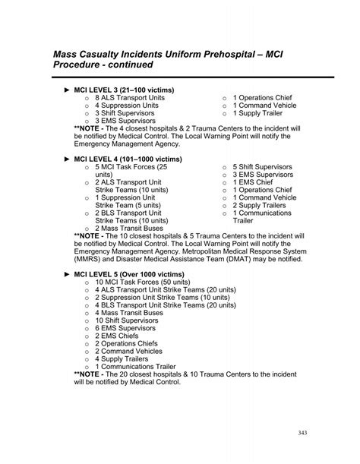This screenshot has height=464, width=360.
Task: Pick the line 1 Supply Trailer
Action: click(x=264, y=112)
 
